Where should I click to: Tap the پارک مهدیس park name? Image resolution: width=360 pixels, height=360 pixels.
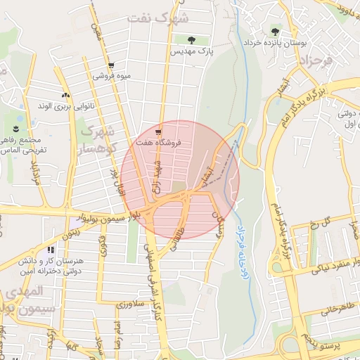(x=190, y=51)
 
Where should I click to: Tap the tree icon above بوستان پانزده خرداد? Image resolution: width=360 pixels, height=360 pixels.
(x=274, y=30)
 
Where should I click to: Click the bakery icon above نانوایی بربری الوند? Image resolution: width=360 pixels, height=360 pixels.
(x=65, y=94)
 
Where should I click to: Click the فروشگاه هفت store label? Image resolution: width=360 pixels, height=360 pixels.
(x=161, y=143)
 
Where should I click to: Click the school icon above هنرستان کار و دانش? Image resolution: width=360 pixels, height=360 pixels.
(x=50, y=249)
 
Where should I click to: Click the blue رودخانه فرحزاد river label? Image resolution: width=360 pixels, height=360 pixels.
(x=243, y=253)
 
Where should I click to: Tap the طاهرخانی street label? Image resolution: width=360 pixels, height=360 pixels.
(x=338, y=307)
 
